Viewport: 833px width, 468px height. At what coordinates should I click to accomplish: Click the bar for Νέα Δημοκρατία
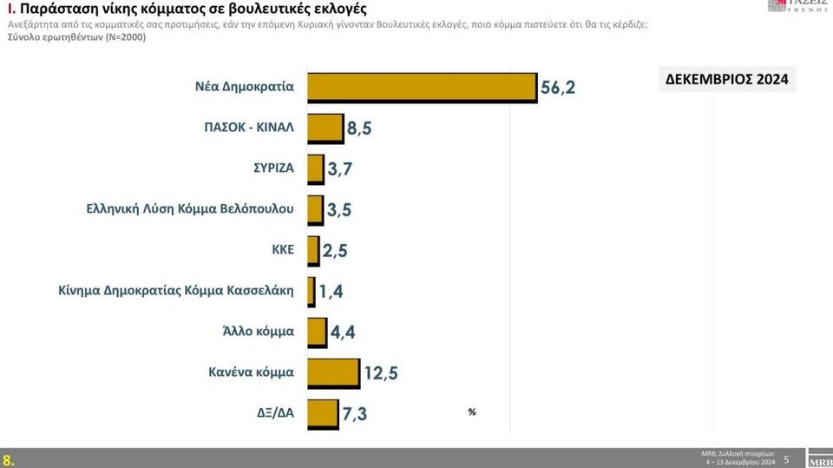(422, 87)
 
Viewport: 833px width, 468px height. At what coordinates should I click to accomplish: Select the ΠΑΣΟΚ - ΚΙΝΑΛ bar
(325, 128)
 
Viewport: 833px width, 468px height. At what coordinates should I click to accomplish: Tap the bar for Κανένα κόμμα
(333, 372)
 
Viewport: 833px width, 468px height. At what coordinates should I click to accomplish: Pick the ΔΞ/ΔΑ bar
(323, 412)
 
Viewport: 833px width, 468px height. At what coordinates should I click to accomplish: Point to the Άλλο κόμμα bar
(317, 331)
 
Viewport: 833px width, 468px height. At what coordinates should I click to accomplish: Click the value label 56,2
(558, 89)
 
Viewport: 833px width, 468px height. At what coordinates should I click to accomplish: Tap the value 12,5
(382, 374)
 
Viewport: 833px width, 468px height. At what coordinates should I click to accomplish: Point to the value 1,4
(331, 293)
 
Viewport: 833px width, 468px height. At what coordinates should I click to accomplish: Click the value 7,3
(355, 414)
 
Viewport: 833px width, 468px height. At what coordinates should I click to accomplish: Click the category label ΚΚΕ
(283, 249)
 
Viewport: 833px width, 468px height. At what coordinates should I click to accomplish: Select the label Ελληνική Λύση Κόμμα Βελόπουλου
(191, 208)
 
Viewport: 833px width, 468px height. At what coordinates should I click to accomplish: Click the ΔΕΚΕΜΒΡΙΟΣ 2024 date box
(727, 80)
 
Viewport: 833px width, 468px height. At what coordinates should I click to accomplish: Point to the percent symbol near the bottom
(472, 412)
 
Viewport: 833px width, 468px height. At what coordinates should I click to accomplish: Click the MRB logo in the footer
(818, 458)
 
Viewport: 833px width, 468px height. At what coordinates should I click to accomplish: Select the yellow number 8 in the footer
(8, 459)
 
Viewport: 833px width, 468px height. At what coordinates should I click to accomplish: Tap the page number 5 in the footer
(787, 458)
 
